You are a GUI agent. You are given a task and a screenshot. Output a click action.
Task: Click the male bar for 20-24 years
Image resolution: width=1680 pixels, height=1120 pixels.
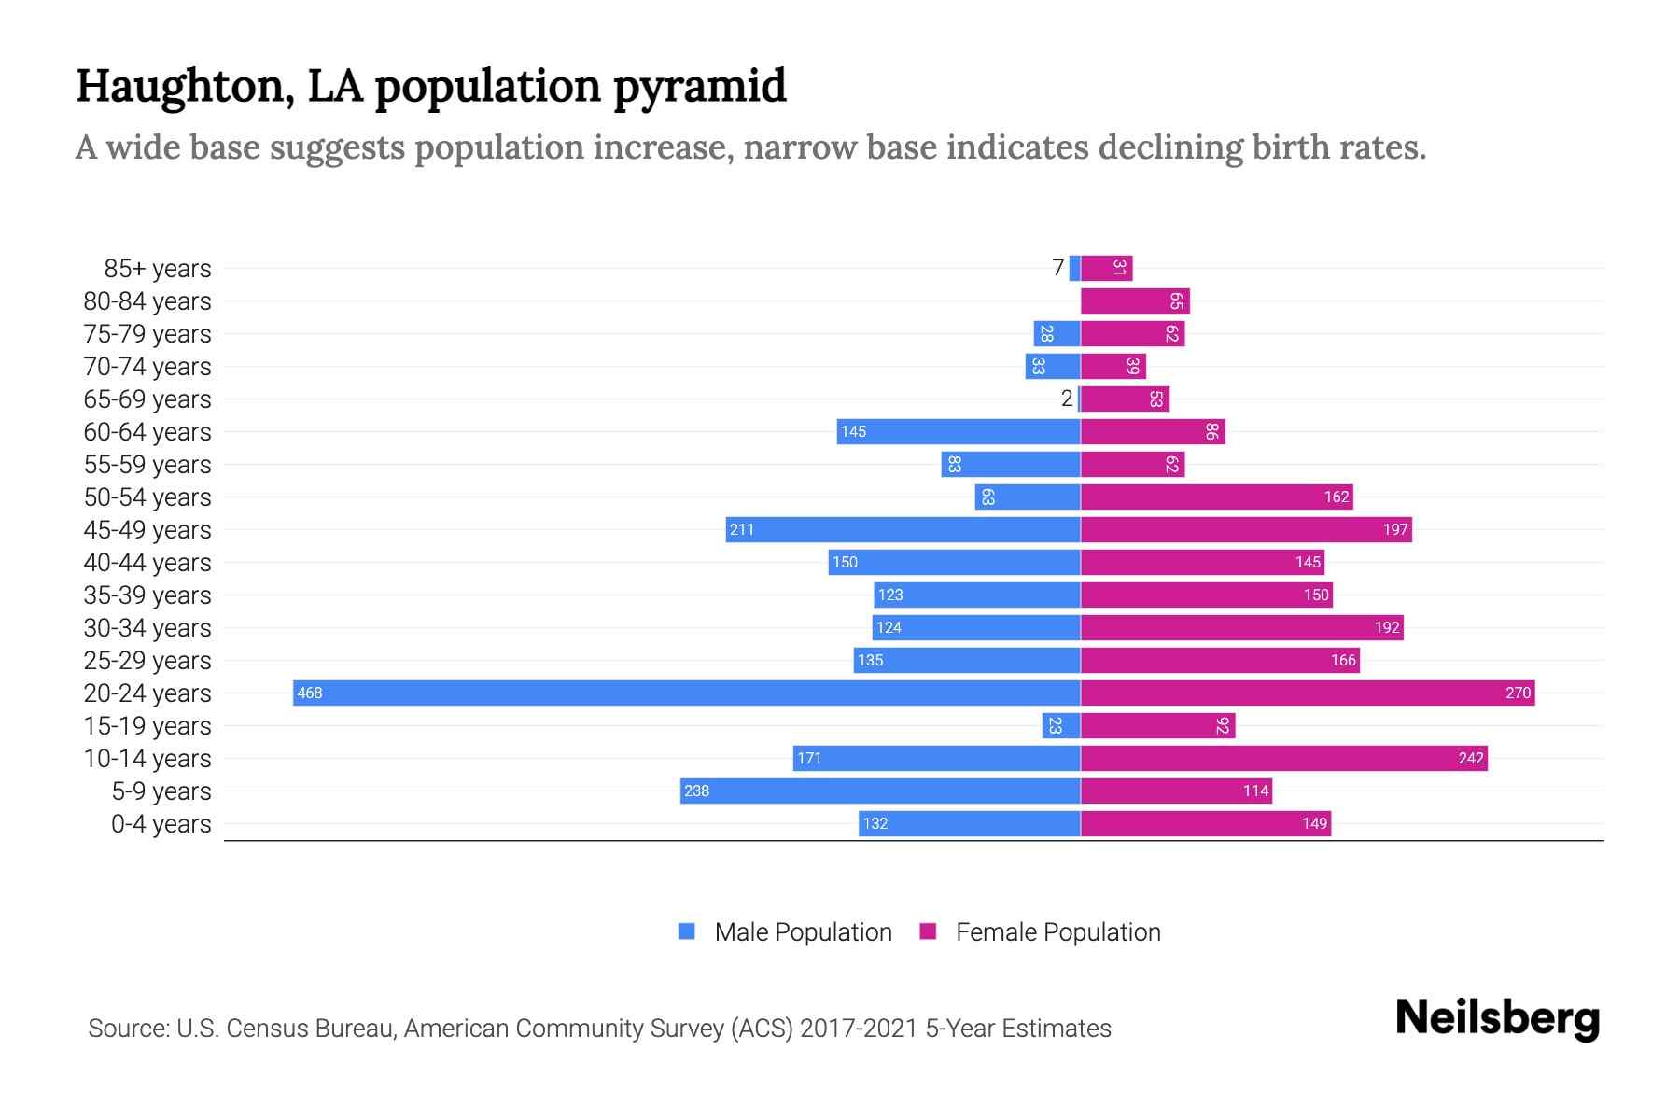pos(686,693)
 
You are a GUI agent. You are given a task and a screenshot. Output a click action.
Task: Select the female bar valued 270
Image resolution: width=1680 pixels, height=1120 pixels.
pos(1307,693)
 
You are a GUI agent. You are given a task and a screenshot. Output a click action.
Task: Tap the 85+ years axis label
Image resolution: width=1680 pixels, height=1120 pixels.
pos(157,269)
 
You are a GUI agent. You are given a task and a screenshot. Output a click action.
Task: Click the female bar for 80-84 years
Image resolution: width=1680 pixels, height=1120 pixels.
pos(1134,301)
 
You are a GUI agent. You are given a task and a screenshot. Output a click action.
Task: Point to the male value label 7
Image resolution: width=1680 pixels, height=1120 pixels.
pos(1057,268)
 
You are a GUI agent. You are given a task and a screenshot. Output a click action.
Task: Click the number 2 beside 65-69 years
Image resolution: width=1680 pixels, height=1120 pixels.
pos(1066,399)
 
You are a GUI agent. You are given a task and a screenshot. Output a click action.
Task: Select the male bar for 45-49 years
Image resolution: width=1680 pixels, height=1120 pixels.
pos(903,529)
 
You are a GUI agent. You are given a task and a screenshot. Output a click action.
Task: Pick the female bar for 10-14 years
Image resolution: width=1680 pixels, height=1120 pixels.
pos(1283,758)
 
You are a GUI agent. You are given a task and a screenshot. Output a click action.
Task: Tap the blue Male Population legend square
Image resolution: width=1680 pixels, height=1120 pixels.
pos(687,931)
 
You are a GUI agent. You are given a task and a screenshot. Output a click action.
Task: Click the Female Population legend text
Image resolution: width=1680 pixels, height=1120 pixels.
pos(1057,931)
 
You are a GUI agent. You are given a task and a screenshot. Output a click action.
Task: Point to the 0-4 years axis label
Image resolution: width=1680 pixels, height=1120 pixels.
pos(161,824)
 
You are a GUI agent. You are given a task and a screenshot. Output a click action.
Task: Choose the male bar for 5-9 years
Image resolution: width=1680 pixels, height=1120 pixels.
pos(880,791)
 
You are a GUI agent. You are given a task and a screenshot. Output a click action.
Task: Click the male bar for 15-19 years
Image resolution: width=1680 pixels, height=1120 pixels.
pos(1061,725)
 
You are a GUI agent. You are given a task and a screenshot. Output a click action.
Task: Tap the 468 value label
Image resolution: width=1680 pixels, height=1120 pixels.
pos(309,693)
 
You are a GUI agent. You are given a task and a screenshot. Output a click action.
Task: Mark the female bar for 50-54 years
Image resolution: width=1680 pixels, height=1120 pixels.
pos(1216,497)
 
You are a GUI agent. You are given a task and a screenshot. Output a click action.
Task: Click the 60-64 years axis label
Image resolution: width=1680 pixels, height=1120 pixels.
pos(147,432)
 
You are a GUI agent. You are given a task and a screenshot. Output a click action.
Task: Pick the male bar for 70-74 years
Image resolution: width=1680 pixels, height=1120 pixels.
pos(1053,366)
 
